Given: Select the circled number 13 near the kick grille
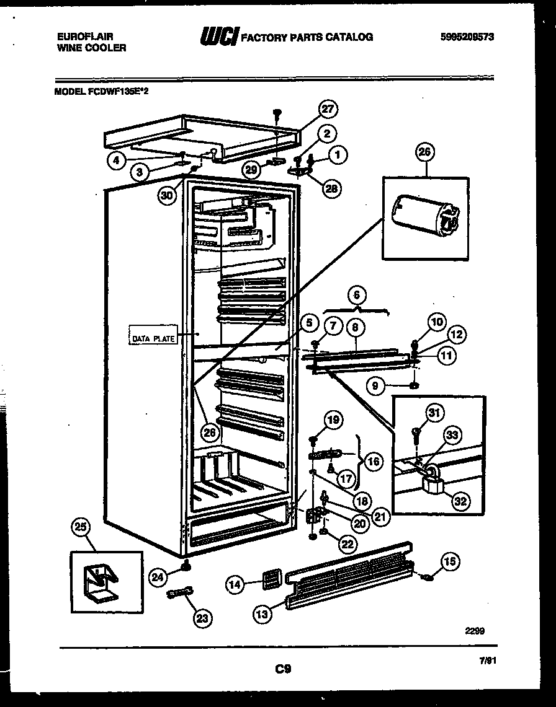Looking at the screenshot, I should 263,613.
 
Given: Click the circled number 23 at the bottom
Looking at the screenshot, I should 201,617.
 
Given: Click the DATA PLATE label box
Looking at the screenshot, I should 153,338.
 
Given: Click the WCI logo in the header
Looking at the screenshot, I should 218,37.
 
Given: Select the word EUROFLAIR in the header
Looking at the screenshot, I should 78,37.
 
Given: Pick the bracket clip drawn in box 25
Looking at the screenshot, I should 99,581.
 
